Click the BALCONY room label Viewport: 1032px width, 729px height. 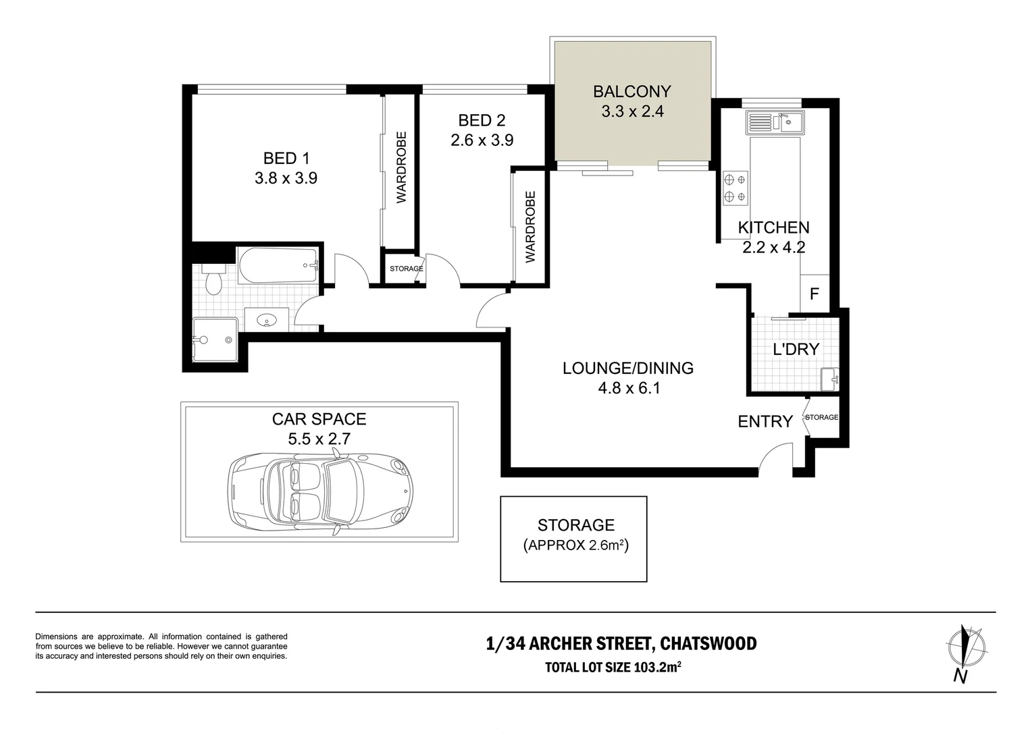tap(632, 91)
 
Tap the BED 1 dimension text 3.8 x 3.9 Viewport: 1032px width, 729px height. tap(286, 178)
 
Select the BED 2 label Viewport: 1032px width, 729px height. tap(482, 121)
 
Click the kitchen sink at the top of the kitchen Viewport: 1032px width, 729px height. tap(774, 122)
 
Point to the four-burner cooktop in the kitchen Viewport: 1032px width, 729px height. tap(735, 188)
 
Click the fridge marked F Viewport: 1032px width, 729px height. tap(815, 294)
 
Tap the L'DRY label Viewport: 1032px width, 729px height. tap(796, 349)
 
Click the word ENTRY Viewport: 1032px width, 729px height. tap(765, 422)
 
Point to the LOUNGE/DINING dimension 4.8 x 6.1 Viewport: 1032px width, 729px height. tap(628, 388)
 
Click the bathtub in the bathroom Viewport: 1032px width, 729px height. tap(278, 265)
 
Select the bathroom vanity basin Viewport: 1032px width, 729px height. tap(267, 320)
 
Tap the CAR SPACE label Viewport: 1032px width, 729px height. tap(319, 419)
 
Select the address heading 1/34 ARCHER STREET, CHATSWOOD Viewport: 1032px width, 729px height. tap(621, 643)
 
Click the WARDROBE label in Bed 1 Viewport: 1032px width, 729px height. tap(401, 167)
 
